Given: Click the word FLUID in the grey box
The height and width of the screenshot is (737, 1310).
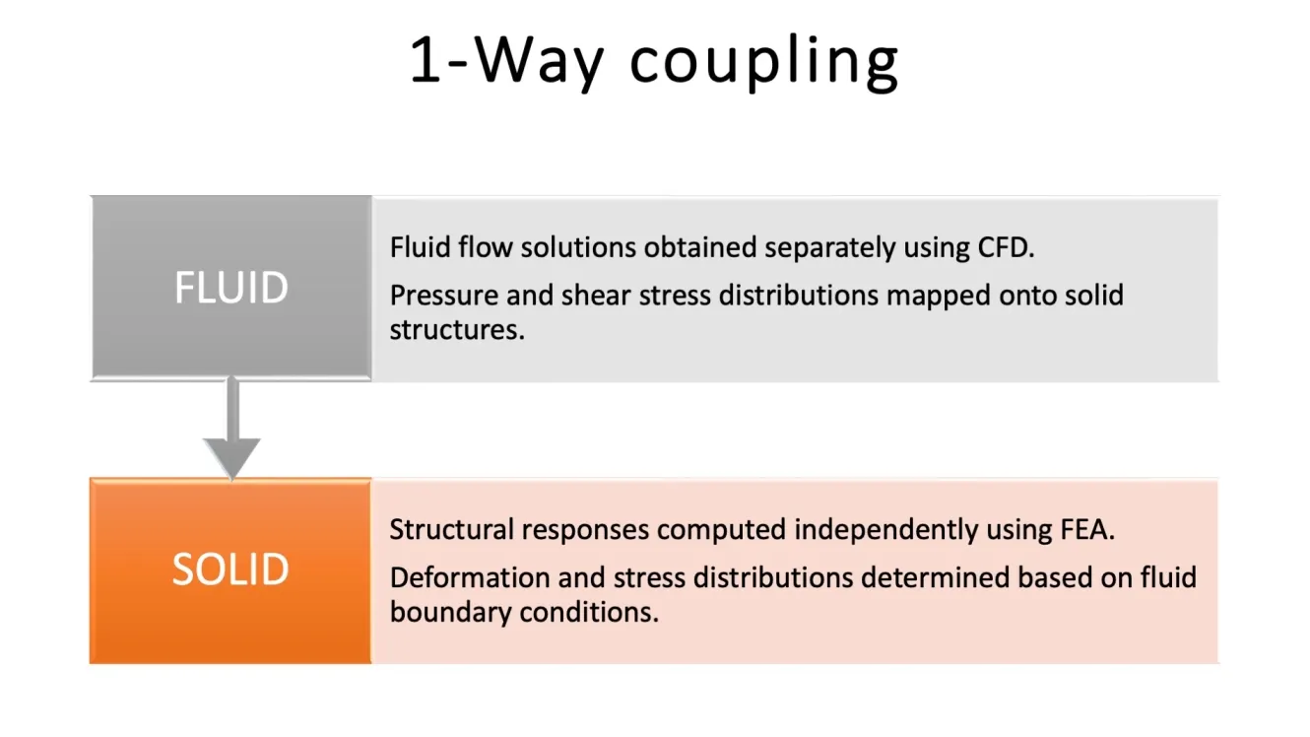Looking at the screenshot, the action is coord(231,288).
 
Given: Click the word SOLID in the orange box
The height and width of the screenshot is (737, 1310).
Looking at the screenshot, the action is coord(230,570).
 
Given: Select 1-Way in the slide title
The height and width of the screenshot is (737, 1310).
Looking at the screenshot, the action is coord(506,61).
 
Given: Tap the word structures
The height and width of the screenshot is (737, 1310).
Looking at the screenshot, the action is coord(456,330).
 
